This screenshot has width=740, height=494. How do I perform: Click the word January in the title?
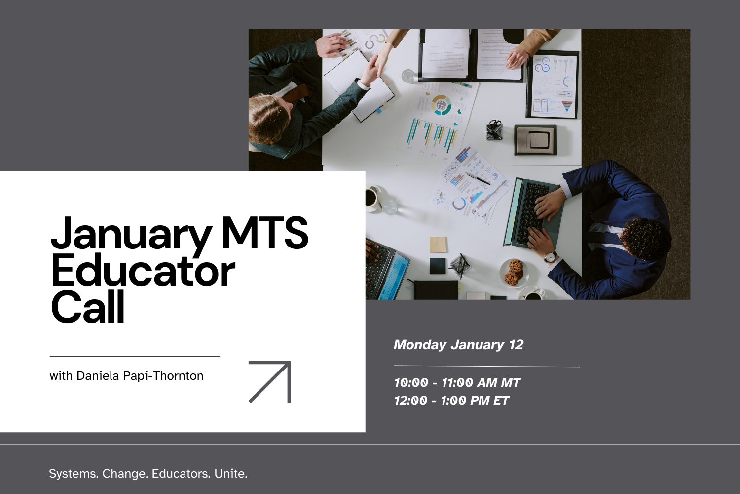131,234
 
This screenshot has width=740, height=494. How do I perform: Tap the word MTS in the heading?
265,232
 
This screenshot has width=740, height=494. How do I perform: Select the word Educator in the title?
143,271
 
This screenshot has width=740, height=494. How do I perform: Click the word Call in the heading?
88,307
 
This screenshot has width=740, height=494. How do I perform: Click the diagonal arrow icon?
270,382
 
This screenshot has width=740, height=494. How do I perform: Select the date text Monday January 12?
458,345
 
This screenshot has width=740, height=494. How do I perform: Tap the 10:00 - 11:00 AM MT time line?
457,383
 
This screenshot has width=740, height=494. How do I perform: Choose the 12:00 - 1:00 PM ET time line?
451,401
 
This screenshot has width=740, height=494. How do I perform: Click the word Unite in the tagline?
230,474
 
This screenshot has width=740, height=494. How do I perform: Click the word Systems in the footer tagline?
74,474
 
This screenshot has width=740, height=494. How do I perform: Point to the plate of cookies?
514,272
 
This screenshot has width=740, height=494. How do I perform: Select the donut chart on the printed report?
442,105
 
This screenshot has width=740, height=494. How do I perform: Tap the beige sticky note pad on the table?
438,245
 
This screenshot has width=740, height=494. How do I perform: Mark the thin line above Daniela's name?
135,356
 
